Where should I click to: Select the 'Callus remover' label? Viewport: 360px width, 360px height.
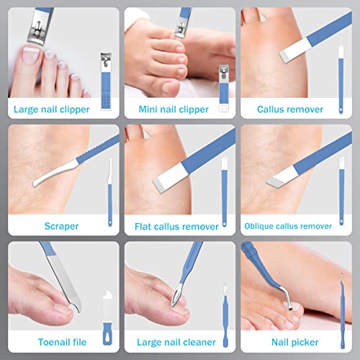tap(295, 110)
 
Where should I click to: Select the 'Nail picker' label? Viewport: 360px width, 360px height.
tap(295, 342)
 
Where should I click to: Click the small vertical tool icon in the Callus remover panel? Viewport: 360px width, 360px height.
tap(341, 71)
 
